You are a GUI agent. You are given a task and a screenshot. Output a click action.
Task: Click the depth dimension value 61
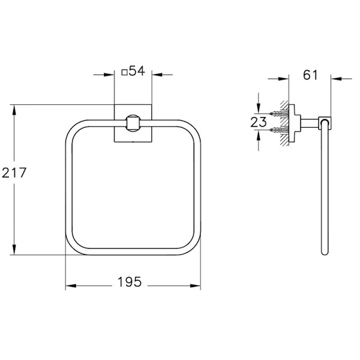(310, 75)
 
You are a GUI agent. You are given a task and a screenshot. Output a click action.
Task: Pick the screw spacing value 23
(258, 122)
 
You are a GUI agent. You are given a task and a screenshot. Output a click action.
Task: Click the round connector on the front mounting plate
(132, 124)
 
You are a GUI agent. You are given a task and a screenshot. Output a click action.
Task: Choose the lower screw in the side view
(278, 129)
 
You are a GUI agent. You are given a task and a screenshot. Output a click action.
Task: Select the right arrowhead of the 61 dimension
(334, 79)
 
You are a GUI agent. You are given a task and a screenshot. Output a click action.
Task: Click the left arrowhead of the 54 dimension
(111, 75)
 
